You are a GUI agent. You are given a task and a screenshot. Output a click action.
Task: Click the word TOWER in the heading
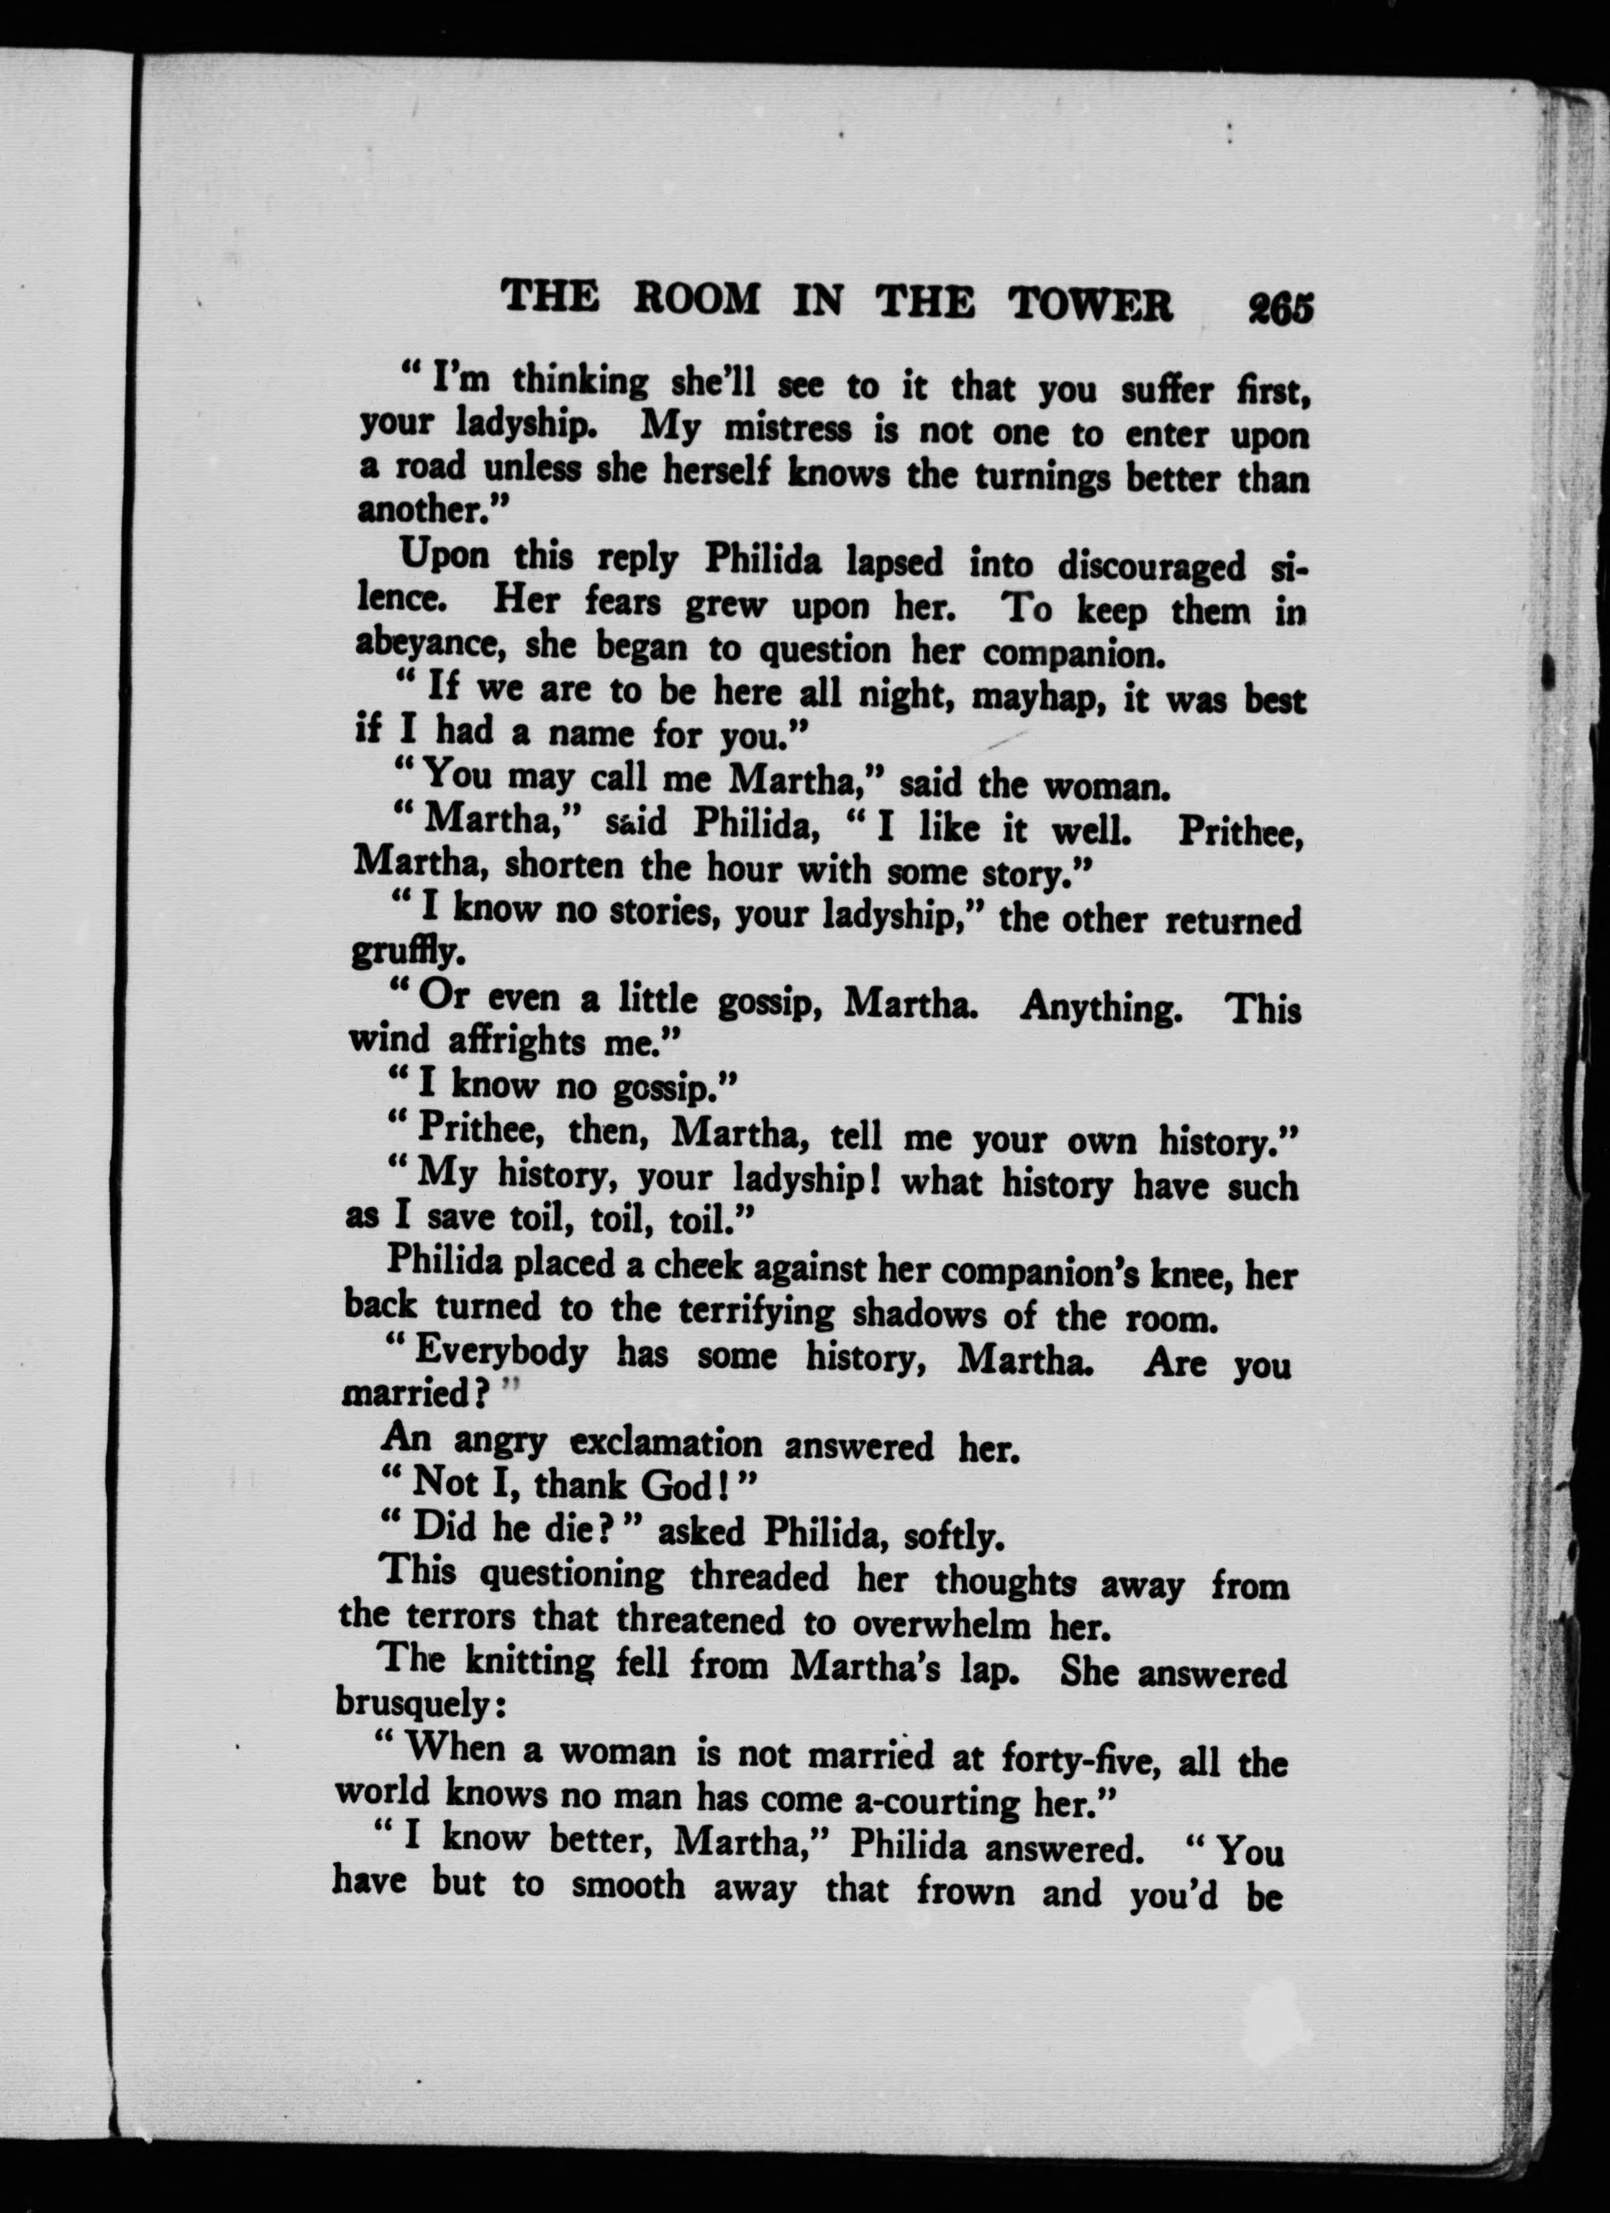coord(1090,304)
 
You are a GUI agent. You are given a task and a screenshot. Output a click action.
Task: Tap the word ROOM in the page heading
coord(696,298)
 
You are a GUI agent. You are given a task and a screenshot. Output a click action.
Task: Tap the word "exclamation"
coord(665,1442)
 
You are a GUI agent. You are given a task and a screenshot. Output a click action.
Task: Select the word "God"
coord(679,1485)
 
